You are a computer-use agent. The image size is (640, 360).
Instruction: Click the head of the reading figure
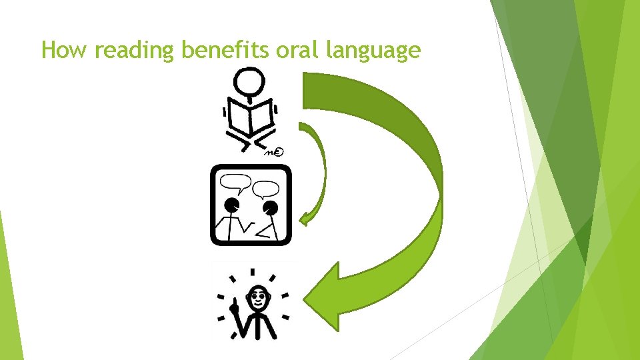[250, 81]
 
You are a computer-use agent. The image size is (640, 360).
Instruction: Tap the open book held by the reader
[250, 119]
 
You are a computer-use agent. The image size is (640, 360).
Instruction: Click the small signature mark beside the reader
[275, 153]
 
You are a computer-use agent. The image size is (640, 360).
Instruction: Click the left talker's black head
[232, 205]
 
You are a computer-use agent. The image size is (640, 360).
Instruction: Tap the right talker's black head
[270, 209]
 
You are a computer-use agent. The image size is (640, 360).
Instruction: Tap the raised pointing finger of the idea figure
[234, 304]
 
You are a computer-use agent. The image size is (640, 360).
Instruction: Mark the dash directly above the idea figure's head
[253, 272]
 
